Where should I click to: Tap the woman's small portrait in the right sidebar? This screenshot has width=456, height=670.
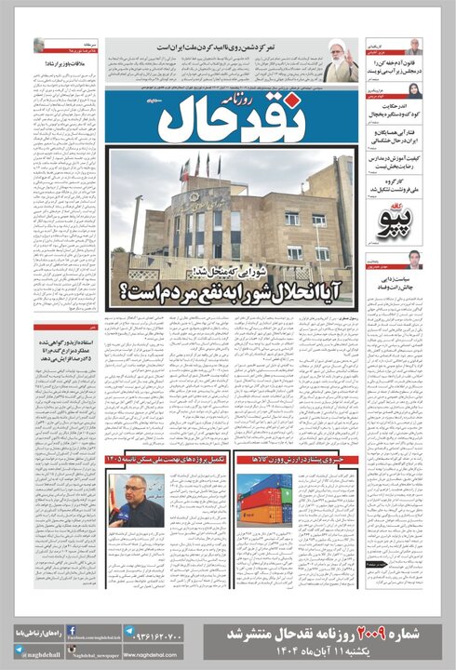tap(414, 90)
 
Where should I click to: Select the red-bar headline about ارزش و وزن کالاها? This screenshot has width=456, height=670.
tap(294, 459)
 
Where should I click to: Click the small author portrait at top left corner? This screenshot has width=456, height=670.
tap(39, 45)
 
